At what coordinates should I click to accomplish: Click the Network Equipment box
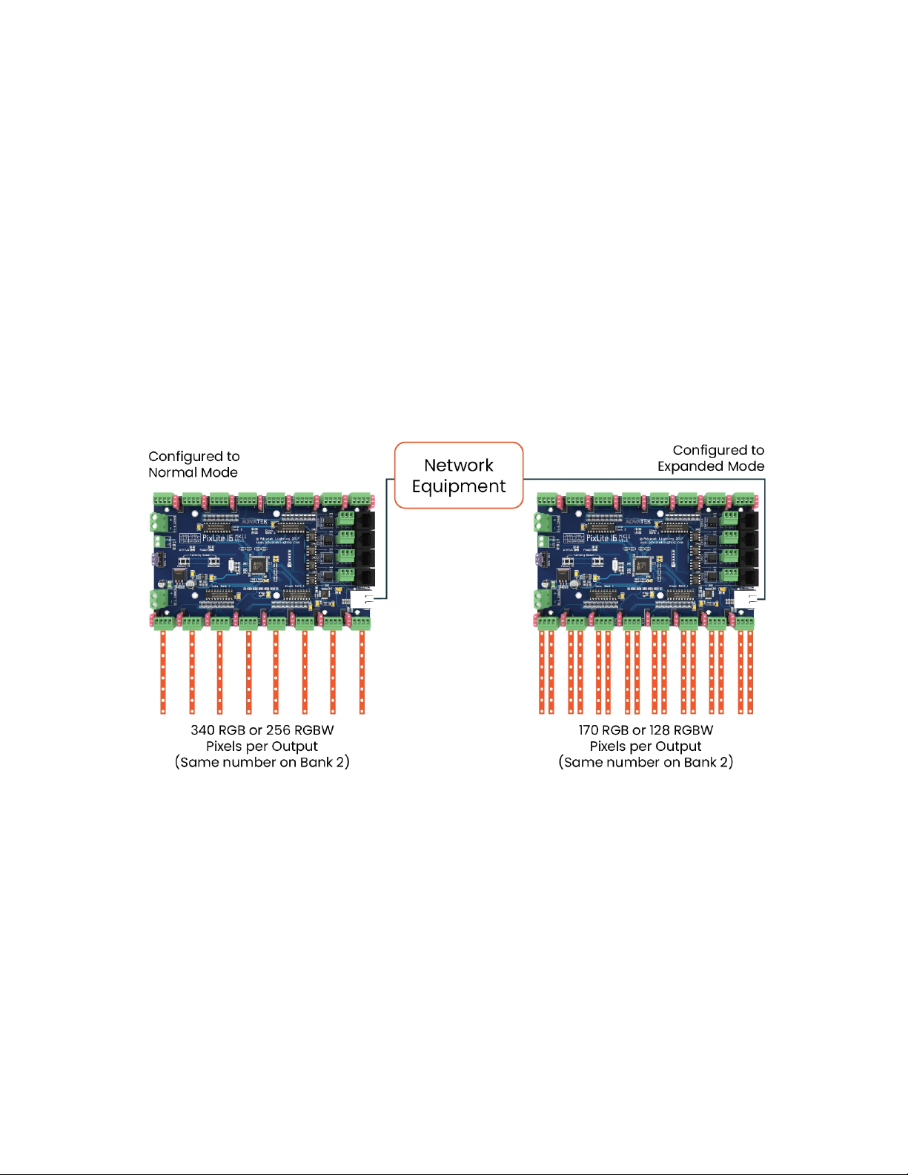[x=459, y=475]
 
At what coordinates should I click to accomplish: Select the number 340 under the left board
[x=202, y=730]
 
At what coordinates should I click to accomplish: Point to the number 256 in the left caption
[x=278, y=730]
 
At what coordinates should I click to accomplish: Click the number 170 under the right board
[x=588, y=730]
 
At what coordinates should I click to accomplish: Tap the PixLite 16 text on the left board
[x=218, y=537]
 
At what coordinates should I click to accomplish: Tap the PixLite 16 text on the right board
[x=602, y=537]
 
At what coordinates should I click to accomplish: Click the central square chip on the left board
[x=257, y=566]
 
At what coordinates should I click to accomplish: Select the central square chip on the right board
[x=641, y=566]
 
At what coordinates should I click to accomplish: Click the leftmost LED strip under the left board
[x=163, y=671]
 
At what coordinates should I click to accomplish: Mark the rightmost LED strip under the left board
[x=362, y=671]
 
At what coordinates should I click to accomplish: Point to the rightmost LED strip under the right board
[x=750, y=671]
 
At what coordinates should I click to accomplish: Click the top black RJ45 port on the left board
[x=366, y=520]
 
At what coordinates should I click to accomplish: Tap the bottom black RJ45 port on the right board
[x=749, y=576]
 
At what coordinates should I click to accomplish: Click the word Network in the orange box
[x=458, y=466]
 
